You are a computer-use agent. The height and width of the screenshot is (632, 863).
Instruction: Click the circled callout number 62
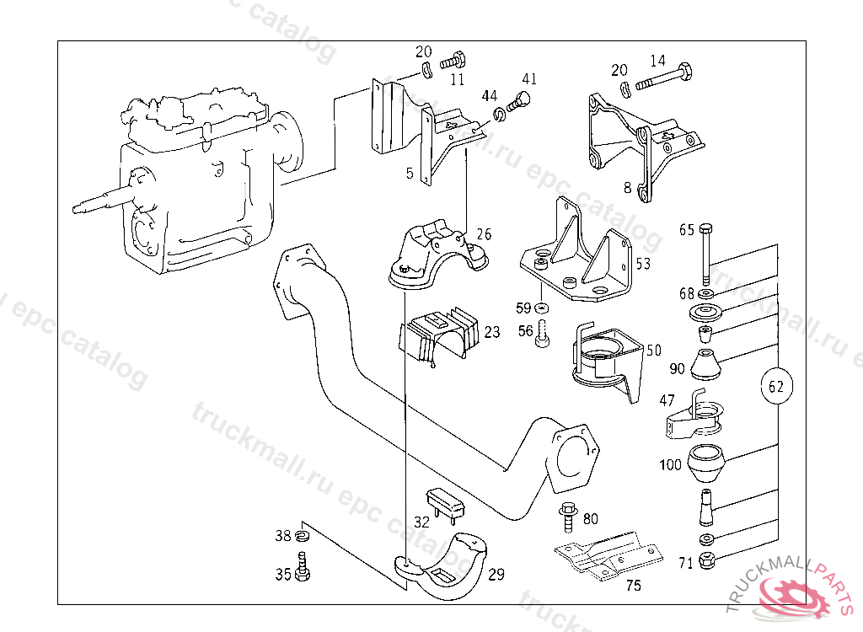coord(776,387)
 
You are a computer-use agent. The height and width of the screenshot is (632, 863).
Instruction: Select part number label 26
coord(483,234)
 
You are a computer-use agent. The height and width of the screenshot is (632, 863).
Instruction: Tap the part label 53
coord(643,264)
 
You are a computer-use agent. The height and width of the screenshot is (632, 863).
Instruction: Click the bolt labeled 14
coord(663,82)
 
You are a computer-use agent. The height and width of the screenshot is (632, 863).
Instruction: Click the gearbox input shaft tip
coord(77,206)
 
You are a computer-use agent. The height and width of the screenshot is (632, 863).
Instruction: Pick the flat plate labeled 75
coord(604,555)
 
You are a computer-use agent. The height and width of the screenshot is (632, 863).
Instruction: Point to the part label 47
coord(667,401)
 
